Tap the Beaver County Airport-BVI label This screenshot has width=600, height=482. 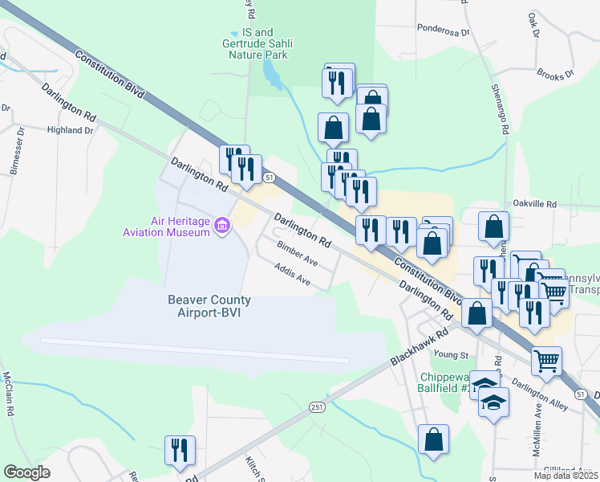click(x=209, y=306)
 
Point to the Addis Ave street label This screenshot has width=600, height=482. click(x=292, y=275)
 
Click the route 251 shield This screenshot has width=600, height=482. click(x=317, y=408)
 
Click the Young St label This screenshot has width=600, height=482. click(x=450, y=354)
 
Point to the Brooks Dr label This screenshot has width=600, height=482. click(x=557, y=76)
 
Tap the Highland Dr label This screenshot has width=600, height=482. click(x=70, y=130)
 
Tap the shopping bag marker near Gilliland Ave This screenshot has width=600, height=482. click(x=434, y=440)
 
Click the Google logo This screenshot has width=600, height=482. click(x=27, y=472)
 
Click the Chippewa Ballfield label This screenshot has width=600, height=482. click(x=444, y=382)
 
